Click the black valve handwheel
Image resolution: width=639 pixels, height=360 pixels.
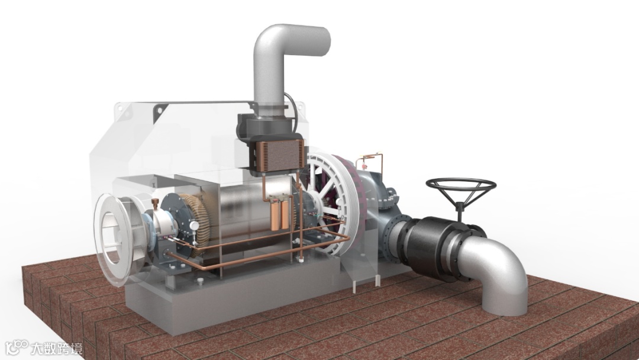[x=461, y=185]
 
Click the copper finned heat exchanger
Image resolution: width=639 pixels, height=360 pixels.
[x=280, y=155]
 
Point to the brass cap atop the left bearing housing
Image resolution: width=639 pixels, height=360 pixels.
[x=155, y=203]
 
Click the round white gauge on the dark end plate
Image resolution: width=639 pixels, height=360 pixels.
[x=195, y=225]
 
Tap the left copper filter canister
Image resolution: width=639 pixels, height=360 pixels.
[x=276, y=214]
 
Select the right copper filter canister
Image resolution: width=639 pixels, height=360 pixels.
[x=285, y=214]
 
